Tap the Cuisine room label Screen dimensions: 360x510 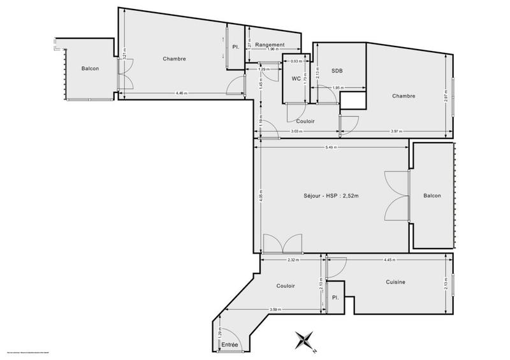395,282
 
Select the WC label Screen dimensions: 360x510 296,79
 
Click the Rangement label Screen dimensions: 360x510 270,45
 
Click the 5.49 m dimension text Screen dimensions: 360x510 330,147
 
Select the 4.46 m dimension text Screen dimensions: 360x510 181,94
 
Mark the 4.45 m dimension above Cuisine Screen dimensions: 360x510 389,260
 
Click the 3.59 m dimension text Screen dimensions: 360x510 276,310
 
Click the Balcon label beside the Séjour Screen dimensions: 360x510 432,196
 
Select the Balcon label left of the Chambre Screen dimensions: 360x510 90,68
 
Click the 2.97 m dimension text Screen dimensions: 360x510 446,96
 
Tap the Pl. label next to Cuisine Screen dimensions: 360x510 334,298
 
